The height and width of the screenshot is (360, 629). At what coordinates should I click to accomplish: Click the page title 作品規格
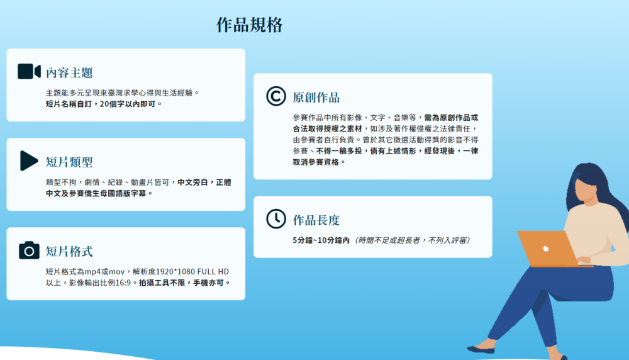tap(250, 25)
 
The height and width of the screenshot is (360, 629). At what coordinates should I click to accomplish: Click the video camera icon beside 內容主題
tap(29, 72)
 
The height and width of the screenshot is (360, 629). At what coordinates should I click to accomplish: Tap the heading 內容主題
tap(69, 72)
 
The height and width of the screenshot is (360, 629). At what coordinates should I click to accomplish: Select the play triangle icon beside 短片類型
tap(29, 160)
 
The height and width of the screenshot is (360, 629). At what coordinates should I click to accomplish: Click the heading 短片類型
tap(69, 162)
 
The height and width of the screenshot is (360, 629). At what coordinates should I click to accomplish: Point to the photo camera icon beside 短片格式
tap(29, 250)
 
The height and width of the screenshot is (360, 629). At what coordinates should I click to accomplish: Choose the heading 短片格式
tap(69, 252)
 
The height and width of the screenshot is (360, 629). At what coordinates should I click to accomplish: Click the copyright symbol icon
tap(276, 96)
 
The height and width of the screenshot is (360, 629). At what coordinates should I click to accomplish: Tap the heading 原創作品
tap(316, 98)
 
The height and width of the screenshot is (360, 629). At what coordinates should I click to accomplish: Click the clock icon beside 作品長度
tap(276, 218)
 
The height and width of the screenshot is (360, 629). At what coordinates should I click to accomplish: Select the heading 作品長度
tap(316, 220)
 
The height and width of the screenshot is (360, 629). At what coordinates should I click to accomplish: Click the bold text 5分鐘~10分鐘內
tap(321, 240)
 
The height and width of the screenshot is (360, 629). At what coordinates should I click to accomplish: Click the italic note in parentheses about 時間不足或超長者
tap(413, 240)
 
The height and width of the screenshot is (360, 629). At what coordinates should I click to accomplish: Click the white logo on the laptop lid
tap(545, 249)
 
